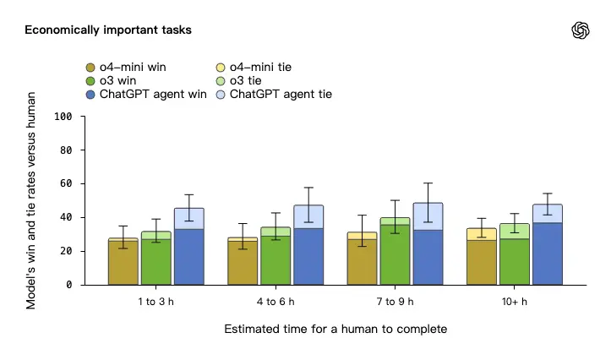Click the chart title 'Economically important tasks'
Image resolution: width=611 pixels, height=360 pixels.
108,30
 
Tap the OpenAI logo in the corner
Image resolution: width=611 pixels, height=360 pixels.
581,30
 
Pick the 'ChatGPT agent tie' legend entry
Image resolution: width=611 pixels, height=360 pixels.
274,95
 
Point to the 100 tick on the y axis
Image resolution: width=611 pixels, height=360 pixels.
63,116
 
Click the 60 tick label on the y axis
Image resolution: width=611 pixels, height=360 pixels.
66,183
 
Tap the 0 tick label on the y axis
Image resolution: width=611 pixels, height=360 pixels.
69,285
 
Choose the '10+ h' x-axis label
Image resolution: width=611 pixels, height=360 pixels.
514,302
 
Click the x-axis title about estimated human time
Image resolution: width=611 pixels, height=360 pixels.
335,328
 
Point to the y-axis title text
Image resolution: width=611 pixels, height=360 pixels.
32,199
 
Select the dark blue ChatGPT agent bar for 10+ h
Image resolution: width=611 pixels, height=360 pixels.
547,254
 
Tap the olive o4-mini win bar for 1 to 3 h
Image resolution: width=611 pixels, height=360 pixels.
123,263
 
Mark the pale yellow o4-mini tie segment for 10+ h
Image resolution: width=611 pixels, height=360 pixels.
482,234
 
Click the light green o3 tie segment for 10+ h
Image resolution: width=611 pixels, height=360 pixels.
515,231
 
